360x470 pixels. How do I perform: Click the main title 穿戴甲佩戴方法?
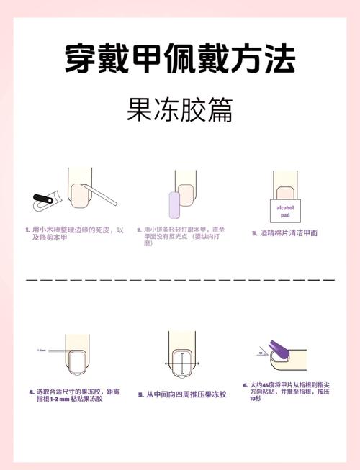pyautogui.click(x=179, y=58)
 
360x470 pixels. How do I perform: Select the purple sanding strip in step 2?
pyautogui.click(x=173, y=204)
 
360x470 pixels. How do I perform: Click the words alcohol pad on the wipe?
pyautogui.click(x=286, y=209)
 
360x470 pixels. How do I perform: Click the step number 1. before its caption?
pyautogui.click(x=27, y=230)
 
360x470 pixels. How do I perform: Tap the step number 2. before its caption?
pyautogui.click(x=138, y=230)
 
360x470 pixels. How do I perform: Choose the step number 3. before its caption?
pyautogui.click(x=254, y=233)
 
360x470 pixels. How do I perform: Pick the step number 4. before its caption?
pyautogui.click(x=32, y=392)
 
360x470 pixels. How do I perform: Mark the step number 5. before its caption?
pyautogui.click(x=141, y=394)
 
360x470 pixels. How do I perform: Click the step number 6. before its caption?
pyautogui.click(x=245, y=385)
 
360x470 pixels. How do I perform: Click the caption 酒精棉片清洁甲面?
pyautogui.click(x=289, y=233)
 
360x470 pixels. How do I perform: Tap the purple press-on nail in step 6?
pyautogui.click(x=276, y=352)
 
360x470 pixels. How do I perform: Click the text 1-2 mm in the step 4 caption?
pyautogui.click(x=62, y=399)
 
